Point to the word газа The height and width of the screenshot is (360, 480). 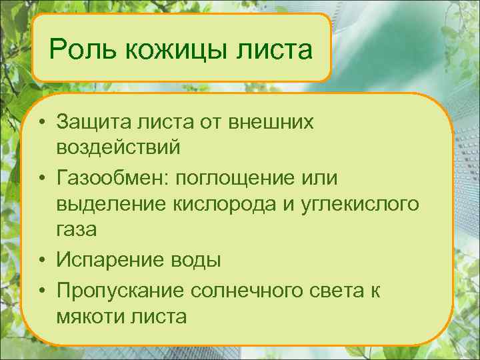pos(77,230)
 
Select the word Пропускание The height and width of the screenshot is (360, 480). pos(119,289)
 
